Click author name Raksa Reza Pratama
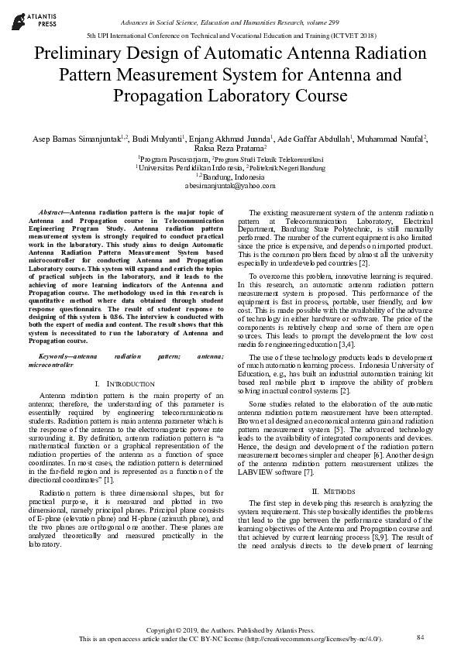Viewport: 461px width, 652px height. (x=231, y=149)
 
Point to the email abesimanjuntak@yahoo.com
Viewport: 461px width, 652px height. (x=230, y=186)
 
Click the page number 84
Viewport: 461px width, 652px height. (x=421, y=637)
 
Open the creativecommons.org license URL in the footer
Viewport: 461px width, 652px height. (x=319, y=638)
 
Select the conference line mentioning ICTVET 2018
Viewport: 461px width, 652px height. (x=230, y=36)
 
